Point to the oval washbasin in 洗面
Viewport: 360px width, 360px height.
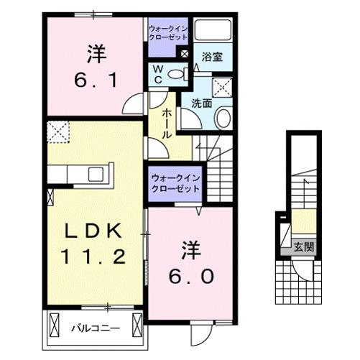tap(223, 119)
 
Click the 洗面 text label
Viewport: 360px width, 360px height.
tap(201, 103)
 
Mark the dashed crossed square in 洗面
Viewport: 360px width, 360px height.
tap(223, 88)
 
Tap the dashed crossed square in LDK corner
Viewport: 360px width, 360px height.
tap(57, 131)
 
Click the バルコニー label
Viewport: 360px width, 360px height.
tap(95, 328)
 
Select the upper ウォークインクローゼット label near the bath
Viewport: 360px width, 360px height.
tap(168, 32)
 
